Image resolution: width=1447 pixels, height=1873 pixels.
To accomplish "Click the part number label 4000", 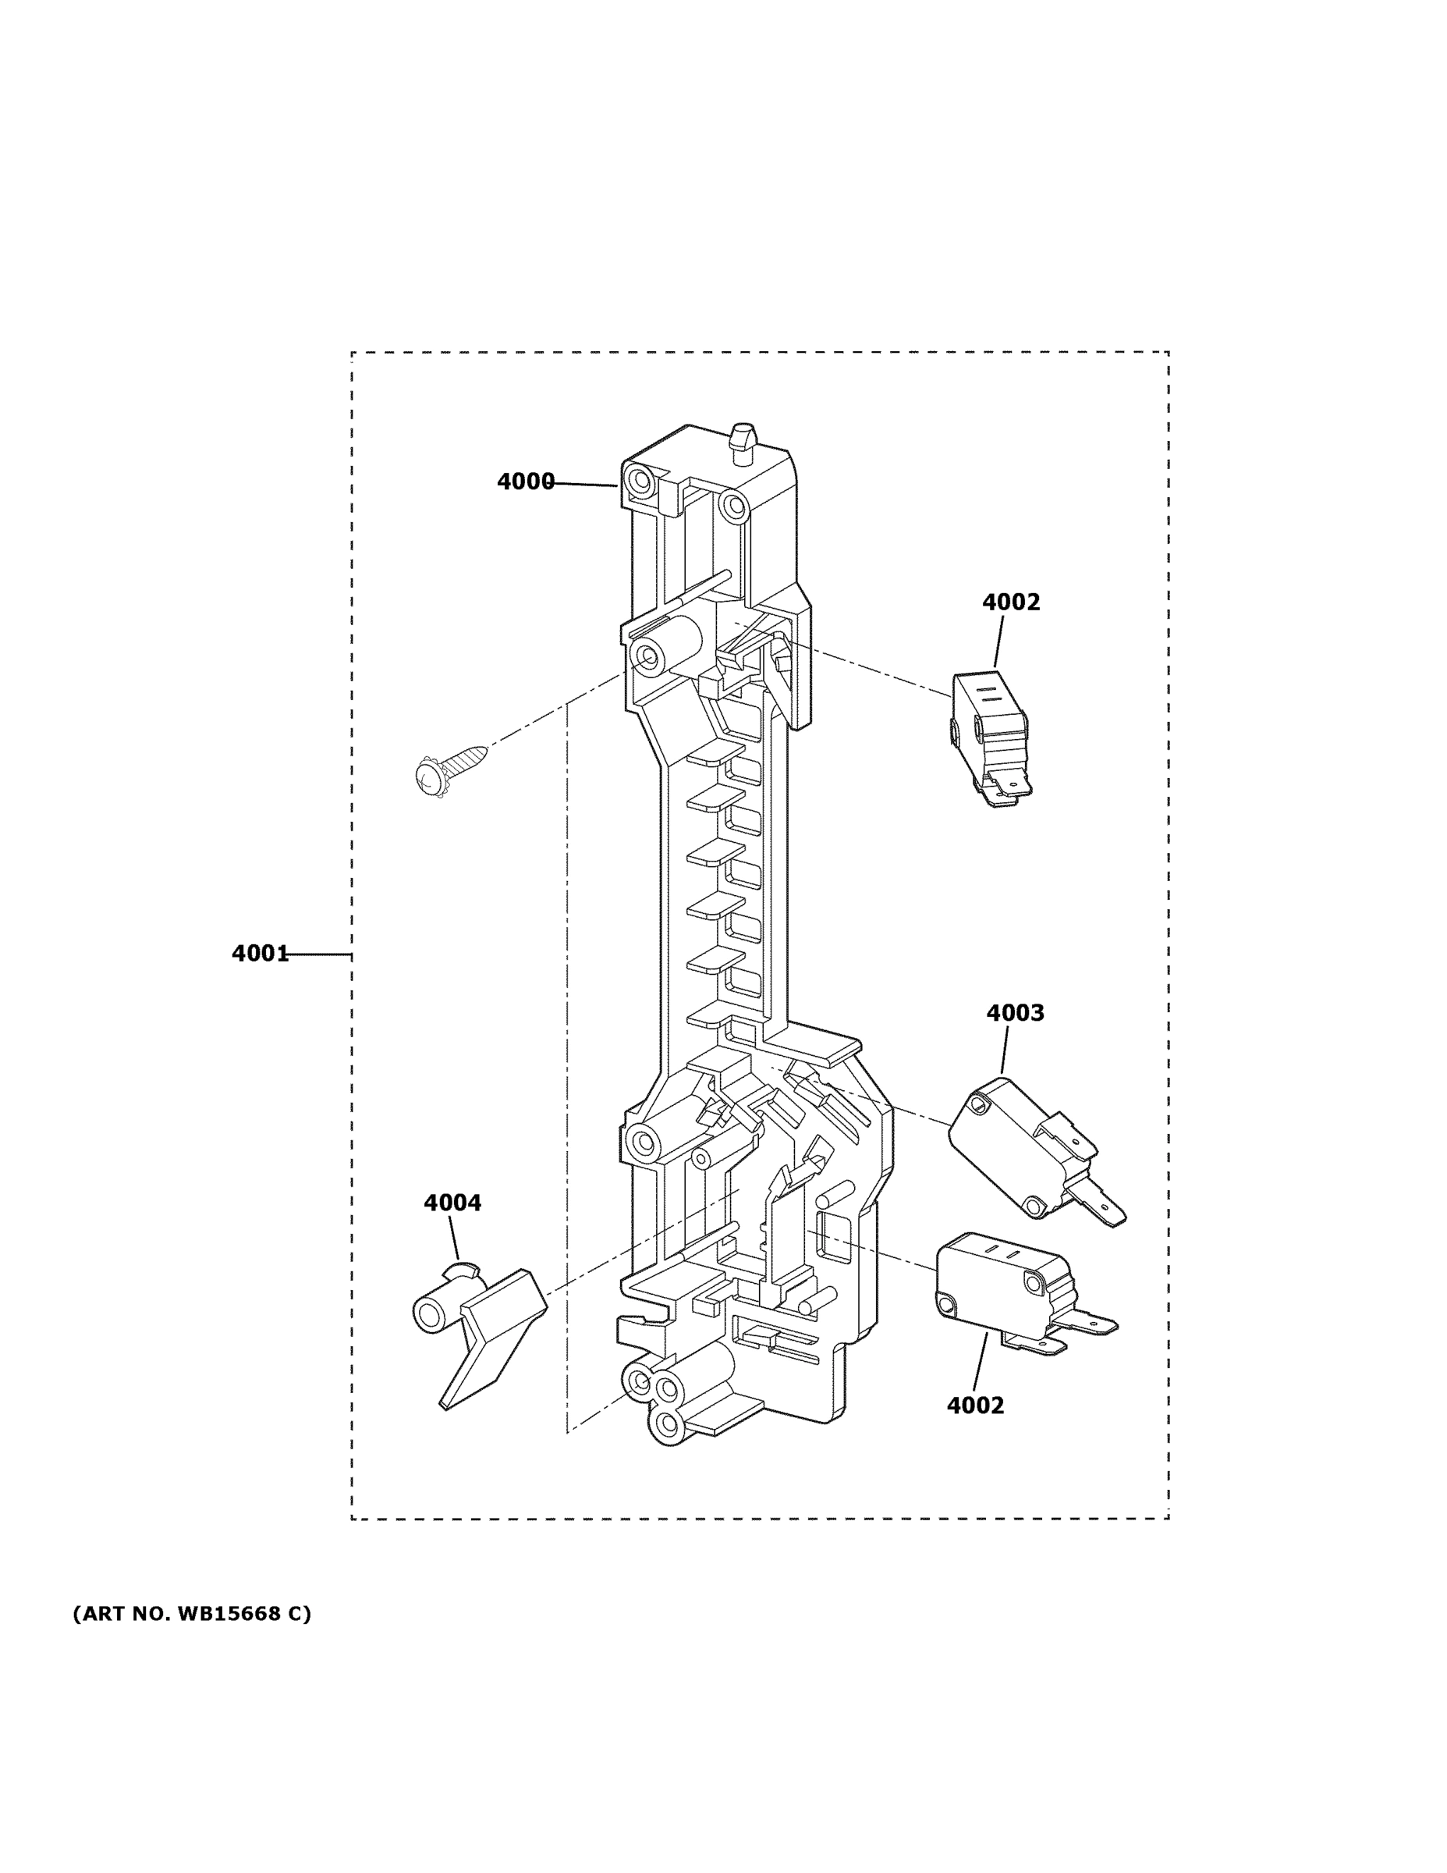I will pyautogui.click(x=526, y=482).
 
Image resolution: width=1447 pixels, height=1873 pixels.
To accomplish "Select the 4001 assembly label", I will pyautogui.click(x=260, y=953).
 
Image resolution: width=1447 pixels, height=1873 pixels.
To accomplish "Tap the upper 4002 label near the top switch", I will pyautogui.click(x=1011, y=602).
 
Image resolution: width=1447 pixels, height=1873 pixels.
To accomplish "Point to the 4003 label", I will pyautogui.click(x=1015, y=1013).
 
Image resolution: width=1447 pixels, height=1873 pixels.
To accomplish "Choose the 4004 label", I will pyautogui.click(x=452, y=1203).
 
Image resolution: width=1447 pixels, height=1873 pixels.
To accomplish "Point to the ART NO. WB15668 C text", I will pyautogui.click(x=192, y=1614).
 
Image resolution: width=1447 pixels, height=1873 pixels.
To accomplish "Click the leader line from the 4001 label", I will pyautogui.click(x=319, y=954).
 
